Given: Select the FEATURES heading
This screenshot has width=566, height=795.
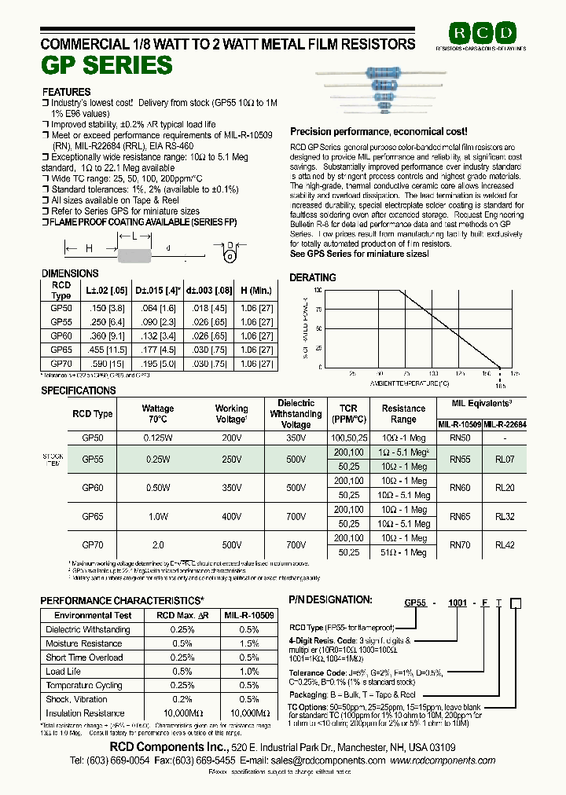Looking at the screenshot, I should (66, 92).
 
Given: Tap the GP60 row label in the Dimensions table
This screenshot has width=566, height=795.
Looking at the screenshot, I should (61, 335).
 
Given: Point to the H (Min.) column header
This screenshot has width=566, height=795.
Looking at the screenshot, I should (256, 290).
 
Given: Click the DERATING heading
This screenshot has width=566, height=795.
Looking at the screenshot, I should (313, 277).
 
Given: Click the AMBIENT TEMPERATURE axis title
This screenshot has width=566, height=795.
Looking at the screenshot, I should (410, 383).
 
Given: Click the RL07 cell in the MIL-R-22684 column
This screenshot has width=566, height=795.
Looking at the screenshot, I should (505, 460).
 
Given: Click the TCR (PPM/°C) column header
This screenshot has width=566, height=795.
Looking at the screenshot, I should (348, 414).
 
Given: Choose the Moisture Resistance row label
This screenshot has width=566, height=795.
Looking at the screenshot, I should (84, 643).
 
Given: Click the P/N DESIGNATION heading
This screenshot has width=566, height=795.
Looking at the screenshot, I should (330, 599).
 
